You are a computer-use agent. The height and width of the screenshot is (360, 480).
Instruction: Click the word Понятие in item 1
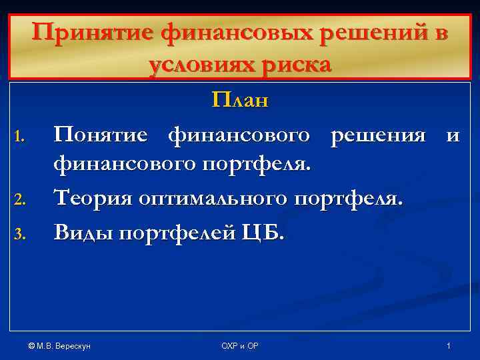[x=106, y=135]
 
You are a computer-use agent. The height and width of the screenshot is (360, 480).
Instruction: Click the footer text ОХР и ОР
[x=240, y=346]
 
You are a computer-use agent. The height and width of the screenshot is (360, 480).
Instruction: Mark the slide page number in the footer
[x=449, y=346]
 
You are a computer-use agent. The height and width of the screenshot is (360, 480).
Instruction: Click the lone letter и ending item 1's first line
[x=453, y=137]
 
